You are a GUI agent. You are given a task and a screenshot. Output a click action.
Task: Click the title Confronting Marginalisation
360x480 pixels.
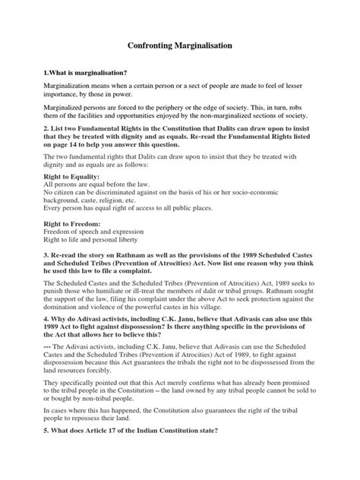(179, 46)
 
